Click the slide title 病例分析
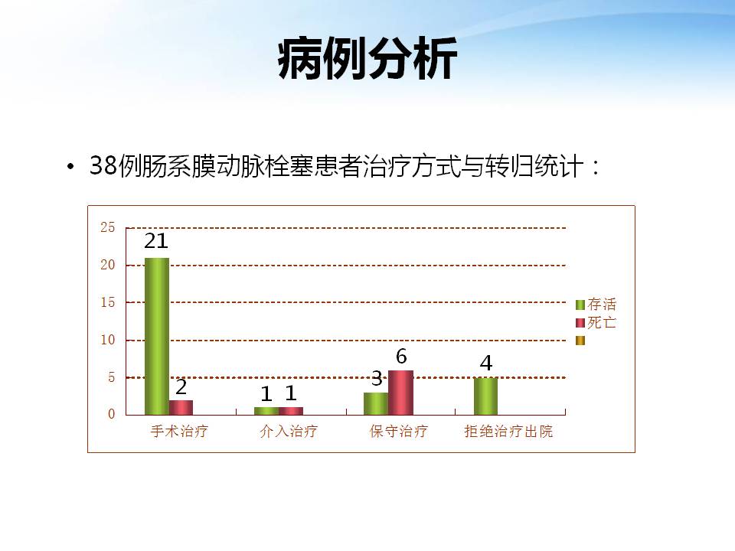(x=367, y=59)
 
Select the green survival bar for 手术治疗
(x=156, y=337)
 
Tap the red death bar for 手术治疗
(x=181, y=408)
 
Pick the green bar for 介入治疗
(x=266, y=411)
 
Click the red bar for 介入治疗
(x=291, y=411)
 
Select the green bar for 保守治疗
(x=376, y=404)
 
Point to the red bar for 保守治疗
(x=400, y=393)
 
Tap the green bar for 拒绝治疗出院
(x=485, y=396)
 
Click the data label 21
(x=156, y=241)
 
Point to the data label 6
(x=401, y=357)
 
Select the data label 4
(x=486, y=363)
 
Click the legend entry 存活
(x=596, y=305)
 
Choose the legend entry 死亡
(x=596, y=323)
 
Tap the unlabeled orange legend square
(x=580, y=341)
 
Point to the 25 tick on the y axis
(x=108, y=228)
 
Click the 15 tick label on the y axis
(x=108, y=303)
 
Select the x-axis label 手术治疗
(x=179, y=431)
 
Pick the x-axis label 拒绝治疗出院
(x=508, y=431)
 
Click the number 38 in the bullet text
(x=103, y=165)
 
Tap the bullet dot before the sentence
(x=70, y=167)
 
